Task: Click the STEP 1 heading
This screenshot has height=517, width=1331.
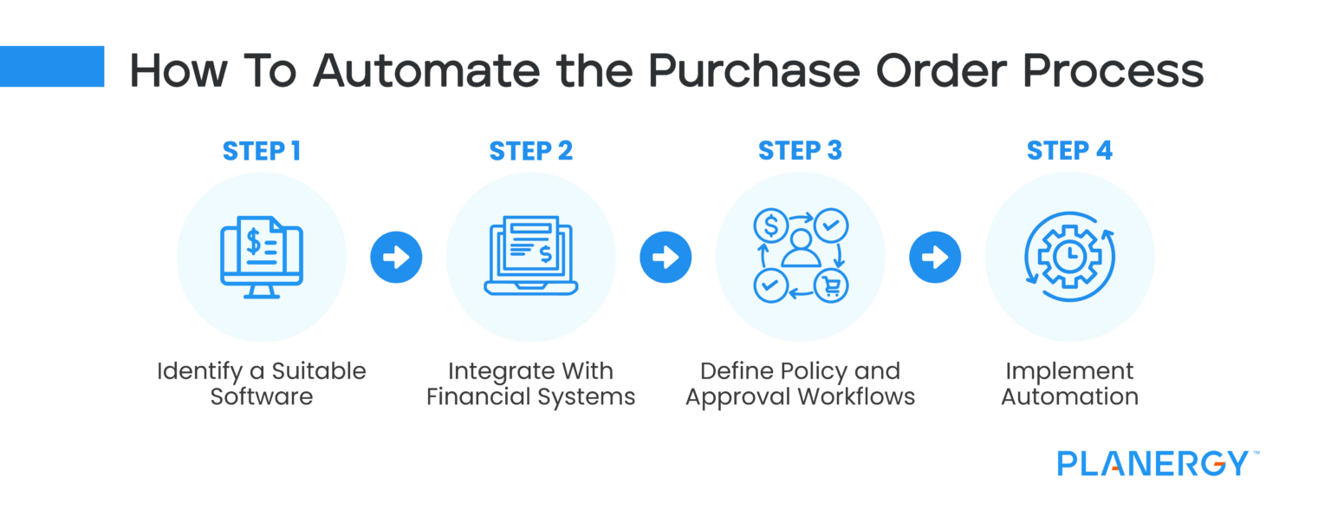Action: [261, 151]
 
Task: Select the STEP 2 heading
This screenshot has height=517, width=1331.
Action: [530, 151]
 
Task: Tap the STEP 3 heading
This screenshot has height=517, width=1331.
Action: [800, 151]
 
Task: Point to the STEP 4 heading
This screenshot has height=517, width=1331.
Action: [1069, 151]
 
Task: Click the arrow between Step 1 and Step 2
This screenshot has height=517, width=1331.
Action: [396, 258]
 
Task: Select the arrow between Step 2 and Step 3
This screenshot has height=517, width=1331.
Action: [665, 258]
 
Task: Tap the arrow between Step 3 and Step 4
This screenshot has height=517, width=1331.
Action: [935, 258]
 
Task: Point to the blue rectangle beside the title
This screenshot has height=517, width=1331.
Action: [52, 67]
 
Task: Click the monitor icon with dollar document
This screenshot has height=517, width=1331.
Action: [261, 257]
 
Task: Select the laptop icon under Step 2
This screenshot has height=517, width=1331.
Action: [530, 258]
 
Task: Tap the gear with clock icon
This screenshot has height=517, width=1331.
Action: [1069, 258]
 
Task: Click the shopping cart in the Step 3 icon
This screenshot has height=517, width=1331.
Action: [831, 285]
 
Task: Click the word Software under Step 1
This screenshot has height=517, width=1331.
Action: [261, 397]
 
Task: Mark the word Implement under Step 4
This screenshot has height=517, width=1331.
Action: [1069, 371]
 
